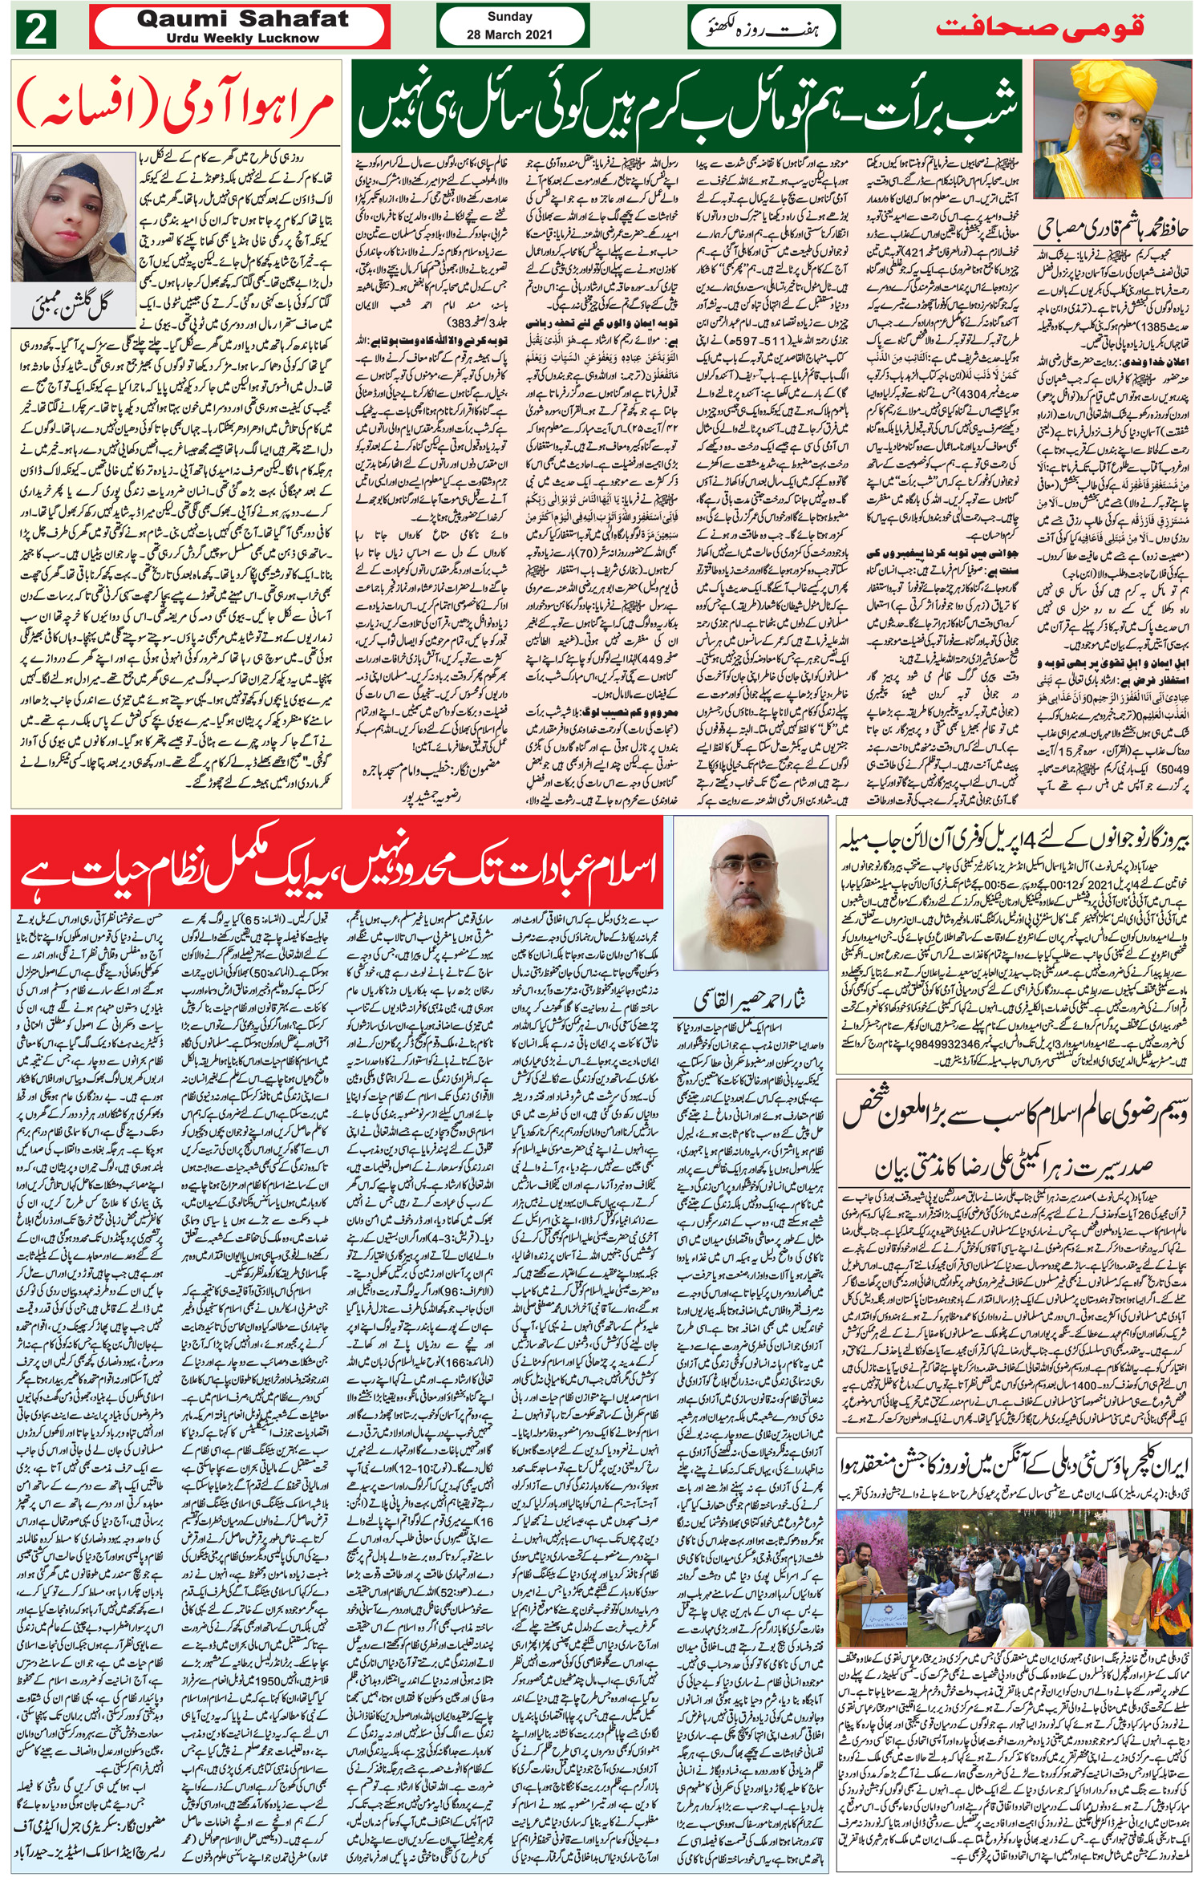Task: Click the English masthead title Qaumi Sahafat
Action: tap(243, 19)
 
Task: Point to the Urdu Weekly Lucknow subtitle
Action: tap(243, 38)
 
